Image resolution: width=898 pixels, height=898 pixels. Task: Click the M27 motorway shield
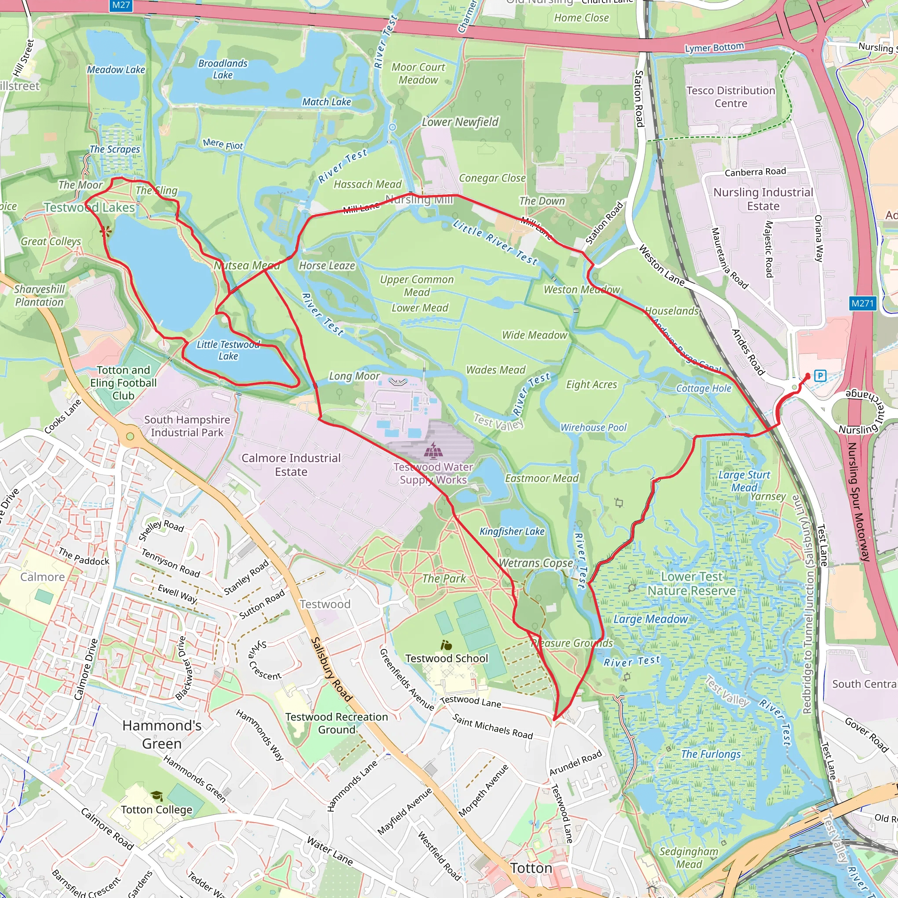click(121, 5)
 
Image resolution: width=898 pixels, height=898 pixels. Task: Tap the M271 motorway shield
click(862, 303)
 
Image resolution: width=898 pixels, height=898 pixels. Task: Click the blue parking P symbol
click(820, 376)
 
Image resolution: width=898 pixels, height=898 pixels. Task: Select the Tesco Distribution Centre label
click(731, 96)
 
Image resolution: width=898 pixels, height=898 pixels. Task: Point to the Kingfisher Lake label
click(512, 531)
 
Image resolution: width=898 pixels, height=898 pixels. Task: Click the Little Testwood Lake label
click(228, 350)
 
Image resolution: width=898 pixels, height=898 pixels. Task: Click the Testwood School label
click(447, 658)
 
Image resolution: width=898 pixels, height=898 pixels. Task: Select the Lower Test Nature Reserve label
click(691, 583)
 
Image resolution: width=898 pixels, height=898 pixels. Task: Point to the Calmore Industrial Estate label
click(291, 465)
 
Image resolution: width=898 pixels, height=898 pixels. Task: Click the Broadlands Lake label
click(223, 69)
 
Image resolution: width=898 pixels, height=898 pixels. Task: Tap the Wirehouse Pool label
click(593, 427)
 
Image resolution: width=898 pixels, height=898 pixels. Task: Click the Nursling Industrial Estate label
click(763, 199)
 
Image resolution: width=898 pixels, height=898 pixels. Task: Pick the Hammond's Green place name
click(162, 734)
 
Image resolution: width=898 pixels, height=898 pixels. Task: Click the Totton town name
click(531, 868)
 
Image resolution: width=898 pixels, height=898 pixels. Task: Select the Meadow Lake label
click(116, 70)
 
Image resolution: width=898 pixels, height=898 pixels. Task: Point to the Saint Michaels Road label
click(493, 727)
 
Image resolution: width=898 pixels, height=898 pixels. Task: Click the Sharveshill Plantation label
click(39, 296)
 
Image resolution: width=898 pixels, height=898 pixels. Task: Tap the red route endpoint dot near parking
click(808, 376)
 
